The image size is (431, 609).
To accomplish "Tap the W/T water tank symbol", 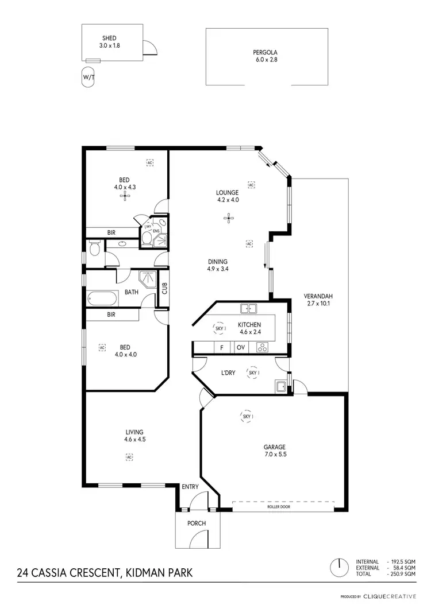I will (x=87, y=77).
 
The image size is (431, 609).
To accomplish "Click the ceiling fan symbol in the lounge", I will (x=229, y=218).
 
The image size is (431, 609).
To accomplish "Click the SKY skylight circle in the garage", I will (x=246, y=416).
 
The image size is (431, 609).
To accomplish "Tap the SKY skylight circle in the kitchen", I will (x=219, y=328).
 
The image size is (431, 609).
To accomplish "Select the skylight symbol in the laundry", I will (x=253, y=373).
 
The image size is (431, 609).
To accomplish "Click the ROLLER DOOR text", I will (x=283, y=507).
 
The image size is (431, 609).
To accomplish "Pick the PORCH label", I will (x=197, y=523).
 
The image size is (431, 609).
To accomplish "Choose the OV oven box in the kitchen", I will (x=241, y=348).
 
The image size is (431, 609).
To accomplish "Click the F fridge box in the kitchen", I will (x=221, y=348).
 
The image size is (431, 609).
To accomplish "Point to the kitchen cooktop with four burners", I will (x=263, y=347).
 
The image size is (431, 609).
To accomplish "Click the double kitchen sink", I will (x=248, y=309).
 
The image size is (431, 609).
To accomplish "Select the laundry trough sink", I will (x=281, y=386).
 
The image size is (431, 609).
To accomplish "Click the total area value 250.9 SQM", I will (x=402, y=574).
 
